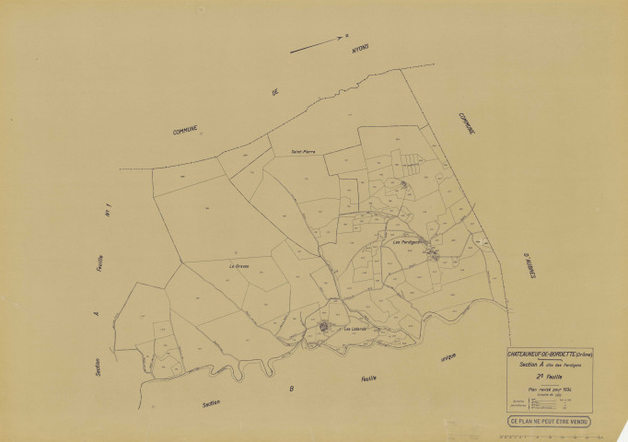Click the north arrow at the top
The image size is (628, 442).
pos(318,45)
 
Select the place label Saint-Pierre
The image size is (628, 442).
pos(304,152)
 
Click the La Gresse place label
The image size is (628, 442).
pos(239,266)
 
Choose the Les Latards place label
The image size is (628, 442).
pos(355,328)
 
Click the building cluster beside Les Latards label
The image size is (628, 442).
pos(324,326)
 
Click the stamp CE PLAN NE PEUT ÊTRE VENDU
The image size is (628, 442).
pos(549,423)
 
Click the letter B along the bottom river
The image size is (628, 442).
pos(291,390)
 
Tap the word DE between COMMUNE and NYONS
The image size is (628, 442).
pos(273,93)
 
